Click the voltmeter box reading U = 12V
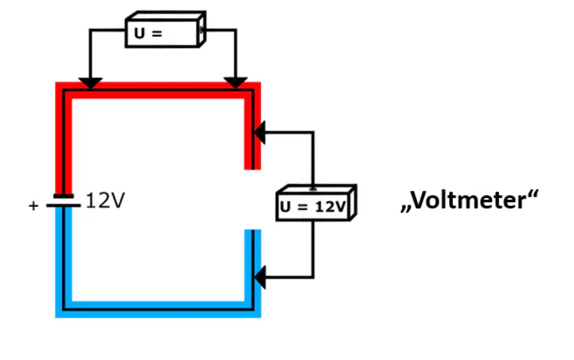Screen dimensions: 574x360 tap(316, 202)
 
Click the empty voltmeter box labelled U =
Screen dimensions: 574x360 tap(166, 29)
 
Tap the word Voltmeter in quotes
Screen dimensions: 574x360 tap(470, 200)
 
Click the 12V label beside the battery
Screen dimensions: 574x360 tap(106, 200)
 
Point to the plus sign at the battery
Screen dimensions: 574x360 tap(33, 205)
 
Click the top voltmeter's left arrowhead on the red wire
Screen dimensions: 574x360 tap(90, 83)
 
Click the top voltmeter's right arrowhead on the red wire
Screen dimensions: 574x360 tap(236, 83)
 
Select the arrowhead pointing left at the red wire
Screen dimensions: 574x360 tap(260, 132)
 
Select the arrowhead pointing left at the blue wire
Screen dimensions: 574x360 tap(260, 277)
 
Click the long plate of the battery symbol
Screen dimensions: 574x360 tap(64, 205)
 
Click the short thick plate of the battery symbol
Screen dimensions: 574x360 tap(64, 196)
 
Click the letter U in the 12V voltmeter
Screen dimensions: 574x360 tap(285, 207)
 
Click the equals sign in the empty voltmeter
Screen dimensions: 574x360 tap(157, 34)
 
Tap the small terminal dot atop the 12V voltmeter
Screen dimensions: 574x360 tap(313, 190)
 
